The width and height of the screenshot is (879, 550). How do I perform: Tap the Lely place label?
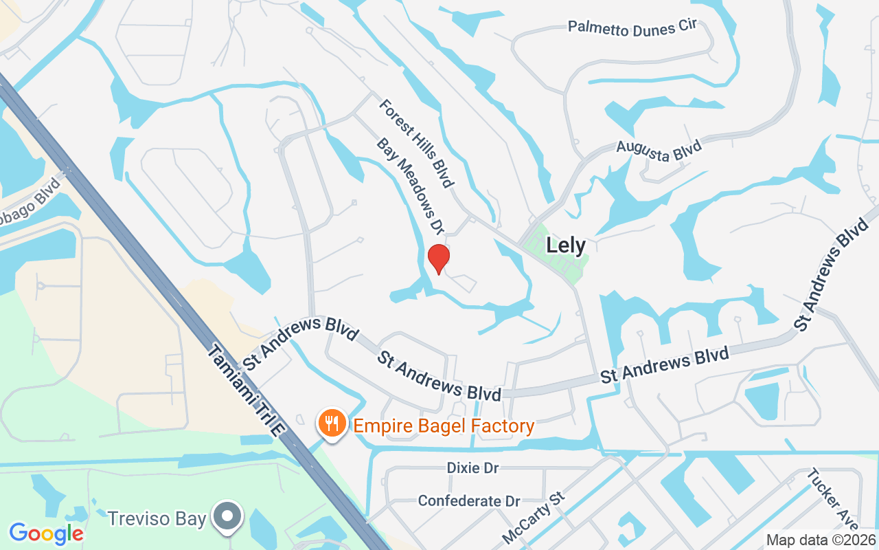[566, 245]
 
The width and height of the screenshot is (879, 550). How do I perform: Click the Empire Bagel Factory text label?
[444, 426]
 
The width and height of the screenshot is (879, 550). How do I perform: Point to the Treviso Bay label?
[157, 518]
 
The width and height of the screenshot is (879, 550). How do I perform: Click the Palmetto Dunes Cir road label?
[632, 26]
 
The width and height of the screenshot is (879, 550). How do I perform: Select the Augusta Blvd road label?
[659, 151]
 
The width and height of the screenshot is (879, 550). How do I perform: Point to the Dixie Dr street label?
[472, 467]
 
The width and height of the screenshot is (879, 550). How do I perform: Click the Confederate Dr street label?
[469, 500]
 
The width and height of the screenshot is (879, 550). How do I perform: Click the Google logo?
[46, 533]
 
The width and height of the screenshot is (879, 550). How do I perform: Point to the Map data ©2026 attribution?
[821, 540]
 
